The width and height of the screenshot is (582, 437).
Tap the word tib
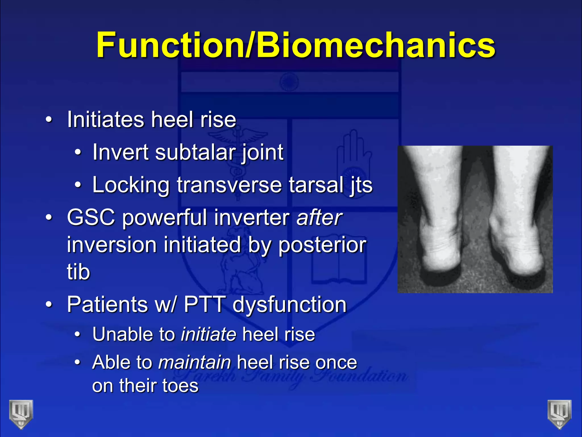tap(78, 272)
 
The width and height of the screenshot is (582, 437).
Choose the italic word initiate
tap(209, 334)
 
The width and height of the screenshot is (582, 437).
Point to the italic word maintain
tap(195, 362)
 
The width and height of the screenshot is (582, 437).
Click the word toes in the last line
tap(180, 386)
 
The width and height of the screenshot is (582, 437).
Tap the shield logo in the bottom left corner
tap(21, 414)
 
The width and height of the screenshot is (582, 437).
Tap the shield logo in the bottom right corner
tap(560, 414)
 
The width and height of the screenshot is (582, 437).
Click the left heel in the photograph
tap(439, 256)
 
